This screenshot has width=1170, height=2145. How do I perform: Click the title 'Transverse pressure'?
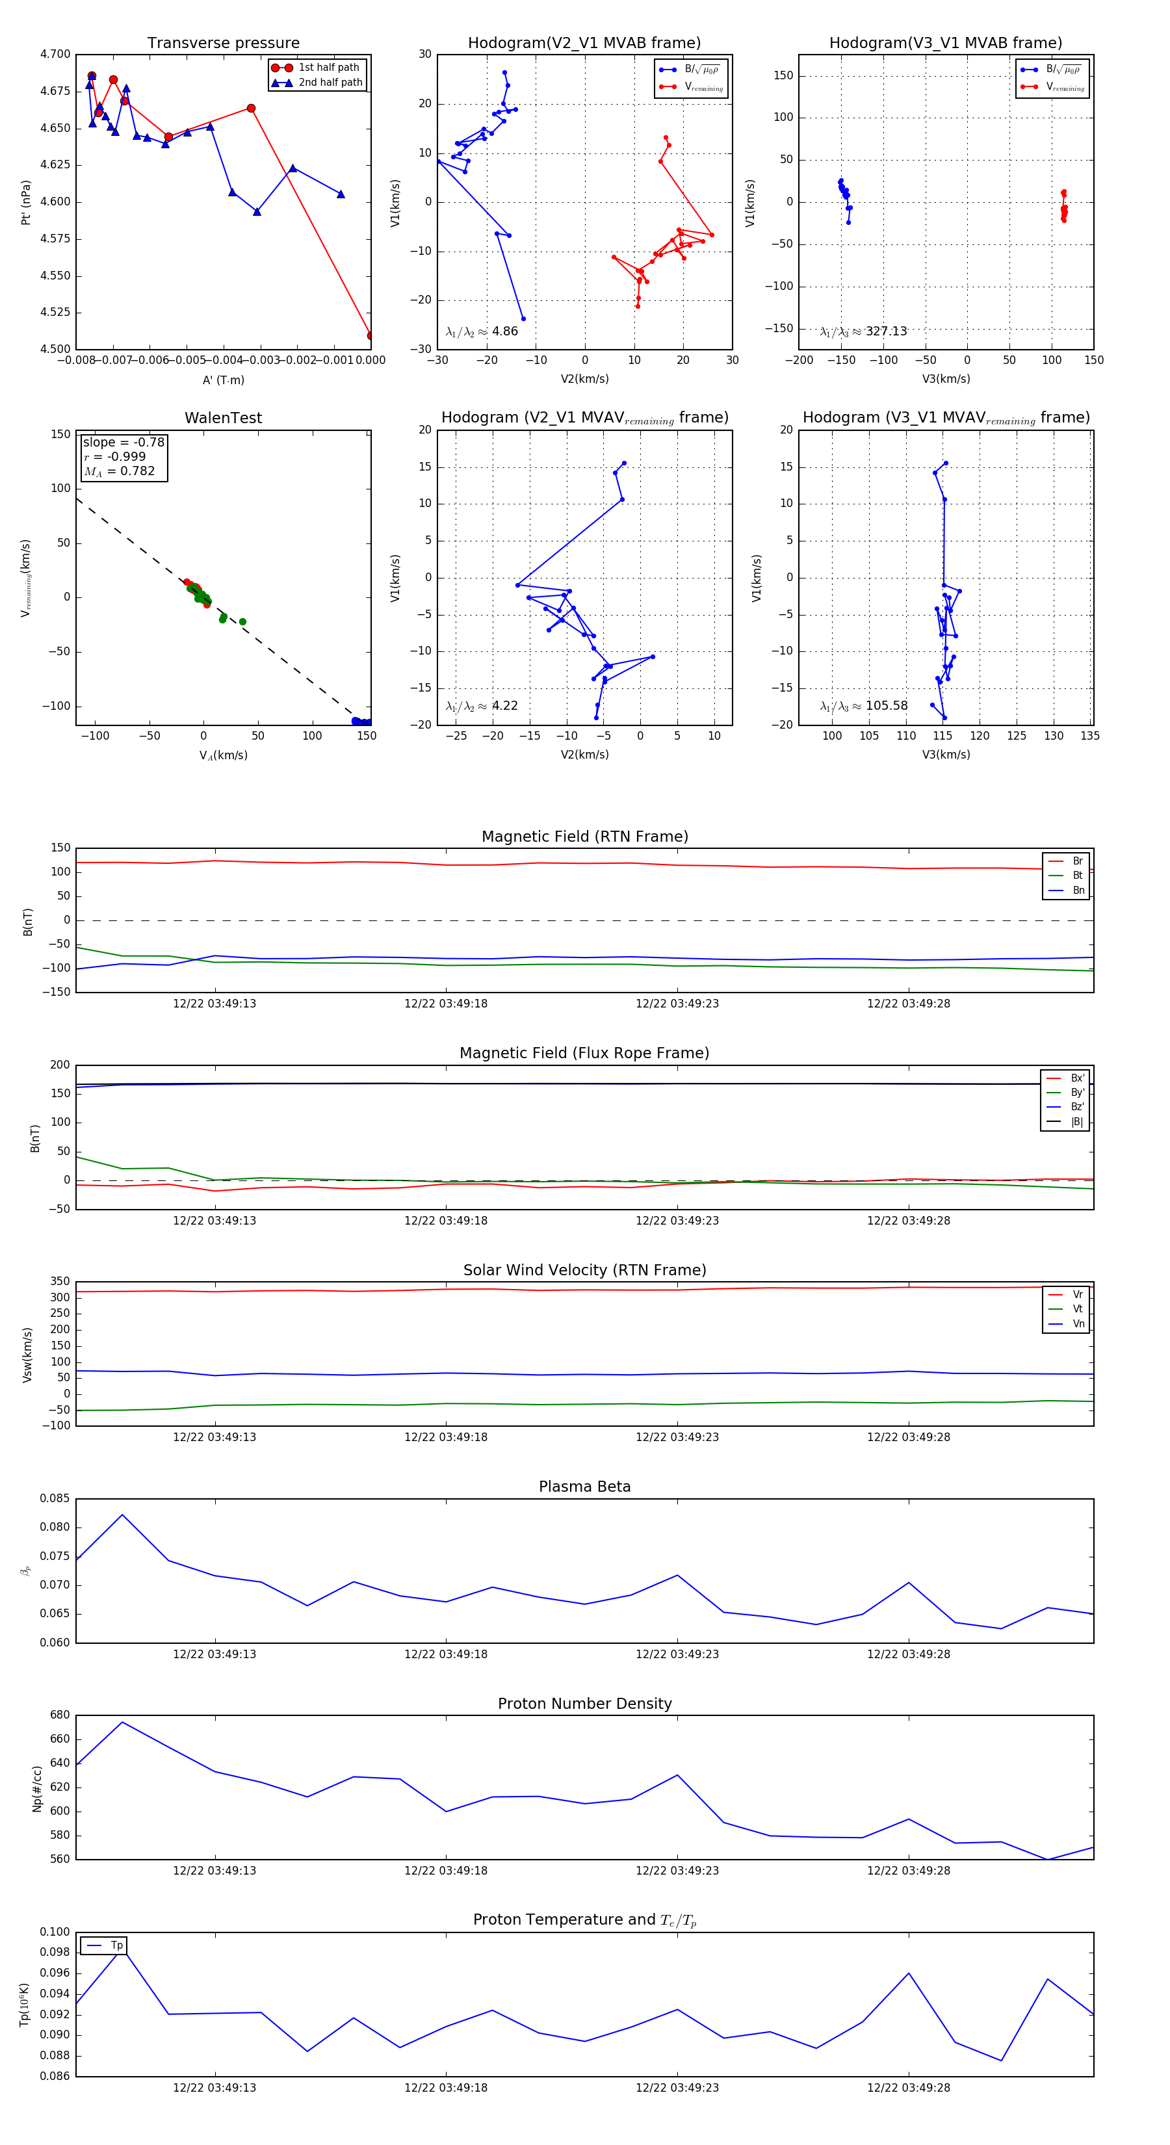(x=223, y=44)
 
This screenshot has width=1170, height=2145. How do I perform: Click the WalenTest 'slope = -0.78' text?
(x=123, y=442)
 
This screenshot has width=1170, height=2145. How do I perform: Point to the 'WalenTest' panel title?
(x=223, y=418)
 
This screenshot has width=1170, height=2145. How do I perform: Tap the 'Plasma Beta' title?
(x=584, y=1487)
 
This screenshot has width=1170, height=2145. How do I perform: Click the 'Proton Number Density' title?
(x=584, y=1704)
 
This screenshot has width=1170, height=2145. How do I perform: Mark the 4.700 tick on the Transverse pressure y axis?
(x=55, y=54)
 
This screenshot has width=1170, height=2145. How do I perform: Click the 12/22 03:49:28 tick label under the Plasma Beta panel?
(x=909, y=1654)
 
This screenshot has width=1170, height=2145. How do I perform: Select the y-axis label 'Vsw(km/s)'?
(x=27, y=1355)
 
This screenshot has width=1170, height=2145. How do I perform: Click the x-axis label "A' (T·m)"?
(x=223, y=380)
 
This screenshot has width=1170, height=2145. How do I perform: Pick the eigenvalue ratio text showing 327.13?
(x=864, y=331)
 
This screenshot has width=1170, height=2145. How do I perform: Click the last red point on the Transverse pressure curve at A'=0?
(x=370, y=335)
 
